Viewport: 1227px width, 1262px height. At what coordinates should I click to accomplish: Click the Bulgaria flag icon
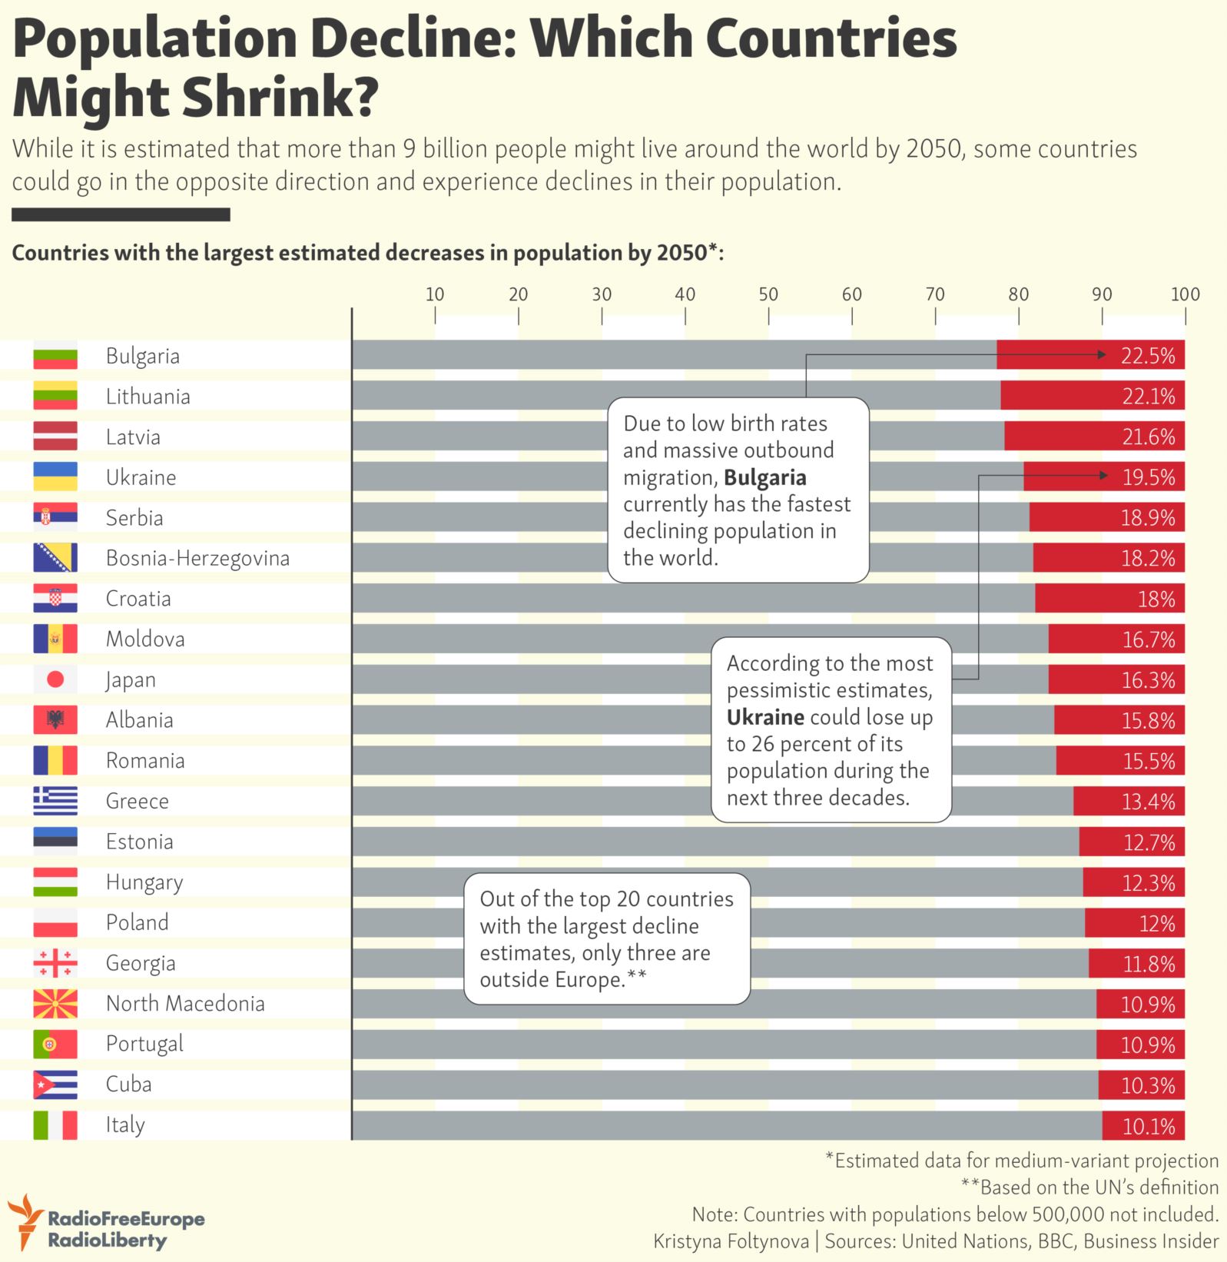click(x=55, y=356)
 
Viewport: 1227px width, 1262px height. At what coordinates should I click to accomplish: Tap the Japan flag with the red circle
click(x=55, y=679)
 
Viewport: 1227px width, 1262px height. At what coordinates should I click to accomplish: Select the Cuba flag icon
click(x=55, y=1084)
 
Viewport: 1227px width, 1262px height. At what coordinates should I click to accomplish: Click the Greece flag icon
click(x=55, y=801)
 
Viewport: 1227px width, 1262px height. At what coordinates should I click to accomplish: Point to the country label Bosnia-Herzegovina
click(x=197, y=559)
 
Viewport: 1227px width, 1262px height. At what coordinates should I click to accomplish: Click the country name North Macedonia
click(x=185, y=1003)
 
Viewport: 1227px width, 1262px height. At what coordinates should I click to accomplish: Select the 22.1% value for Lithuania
click(x=1148, y=397)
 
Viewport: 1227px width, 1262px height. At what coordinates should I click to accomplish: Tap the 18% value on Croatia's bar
click(x=1156, y=599)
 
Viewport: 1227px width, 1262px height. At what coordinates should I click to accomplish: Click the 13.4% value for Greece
click(x=1149, y=802)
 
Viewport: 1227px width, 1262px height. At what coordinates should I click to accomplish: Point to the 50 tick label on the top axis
click(x=768, y=294)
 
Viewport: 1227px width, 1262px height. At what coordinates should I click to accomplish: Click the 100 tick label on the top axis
click(x=1185, y=294)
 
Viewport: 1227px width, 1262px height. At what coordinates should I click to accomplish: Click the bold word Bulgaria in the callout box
click(x=765, y=478)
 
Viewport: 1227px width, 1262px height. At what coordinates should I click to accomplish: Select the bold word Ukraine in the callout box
click(x=766, y=717)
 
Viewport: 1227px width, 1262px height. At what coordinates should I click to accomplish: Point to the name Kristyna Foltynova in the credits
click(x=731, y=1240)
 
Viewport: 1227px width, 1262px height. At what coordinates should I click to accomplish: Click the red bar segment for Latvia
click(x=1095, y=437)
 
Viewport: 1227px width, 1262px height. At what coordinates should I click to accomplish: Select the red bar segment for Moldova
click(x=1117, y=639)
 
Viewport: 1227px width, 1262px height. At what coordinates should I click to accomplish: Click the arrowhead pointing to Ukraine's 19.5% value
click(x=1103, y=476)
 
